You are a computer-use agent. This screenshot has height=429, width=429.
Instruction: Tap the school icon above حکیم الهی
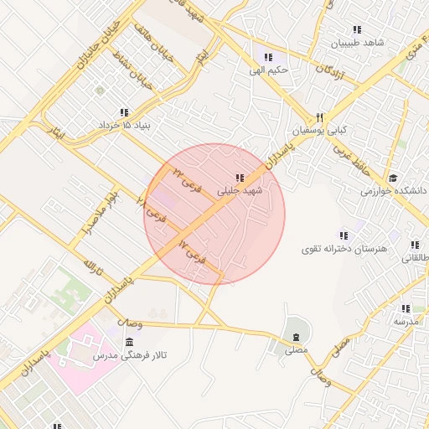(x=268, y=57)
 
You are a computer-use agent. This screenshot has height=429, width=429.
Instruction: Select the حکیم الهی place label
(x=268, y=70)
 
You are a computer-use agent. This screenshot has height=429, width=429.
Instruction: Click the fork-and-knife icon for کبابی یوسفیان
(x=319, y=118)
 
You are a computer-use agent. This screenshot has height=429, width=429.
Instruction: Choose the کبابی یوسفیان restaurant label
(x=319, y=132)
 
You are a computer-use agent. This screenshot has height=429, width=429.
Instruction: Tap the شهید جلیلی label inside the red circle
(x=240, y=191)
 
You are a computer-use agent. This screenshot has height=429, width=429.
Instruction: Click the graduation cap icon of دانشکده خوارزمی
(x=393, y=178)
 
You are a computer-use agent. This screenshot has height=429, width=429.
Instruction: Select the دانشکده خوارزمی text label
(x=393, y=191)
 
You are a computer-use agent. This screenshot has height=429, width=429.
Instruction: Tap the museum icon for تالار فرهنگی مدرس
(x=128, y=343)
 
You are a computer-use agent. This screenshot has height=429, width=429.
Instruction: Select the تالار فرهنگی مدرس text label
(x=129, y=356)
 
